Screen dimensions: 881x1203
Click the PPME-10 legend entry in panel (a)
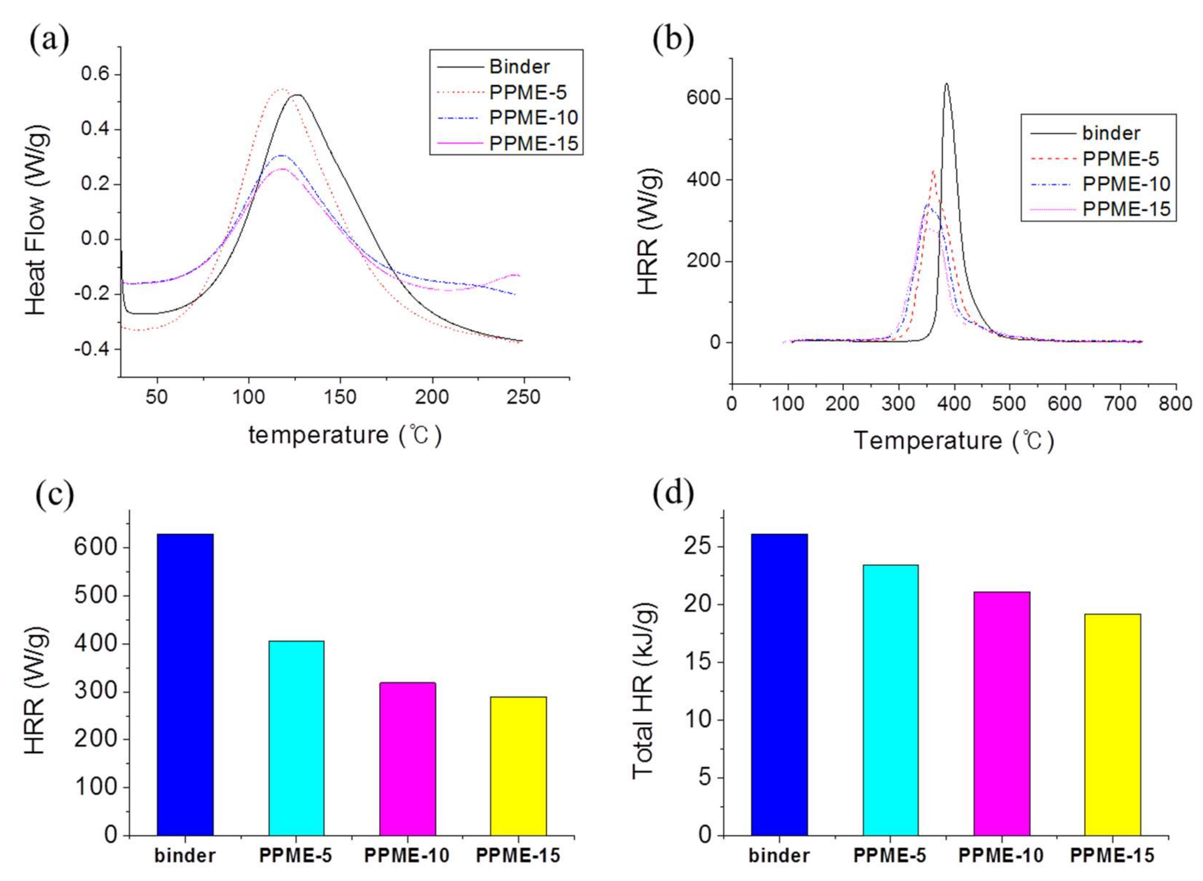[x=533, y=118]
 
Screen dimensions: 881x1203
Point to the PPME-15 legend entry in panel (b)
[x=1126, y=209]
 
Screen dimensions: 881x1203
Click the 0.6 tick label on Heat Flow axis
[x=95, y=74]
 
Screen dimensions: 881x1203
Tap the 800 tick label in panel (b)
[x=1175, y=404]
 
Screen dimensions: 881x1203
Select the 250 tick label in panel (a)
[x=523, y=397]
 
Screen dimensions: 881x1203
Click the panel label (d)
[x=673, y=493]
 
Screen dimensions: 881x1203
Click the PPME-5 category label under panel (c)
[x=295, y=856]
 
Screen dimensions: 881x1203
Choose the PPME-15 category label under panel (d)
[x=1112, y=856]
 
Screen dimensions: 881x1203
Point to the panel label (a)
[x=49, y=40]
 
